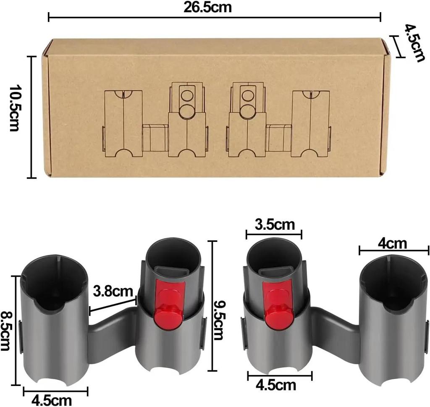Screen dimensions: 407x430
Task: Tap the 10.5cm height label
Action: click(14, 108)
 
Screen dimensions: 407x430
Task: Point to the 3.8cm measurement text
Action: click(113, 291)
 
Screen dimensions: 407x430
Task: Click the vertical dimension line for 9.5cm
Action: click(213, 306)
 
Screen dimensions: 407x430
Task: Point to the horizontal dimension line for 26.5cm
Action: click(214, 17)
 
